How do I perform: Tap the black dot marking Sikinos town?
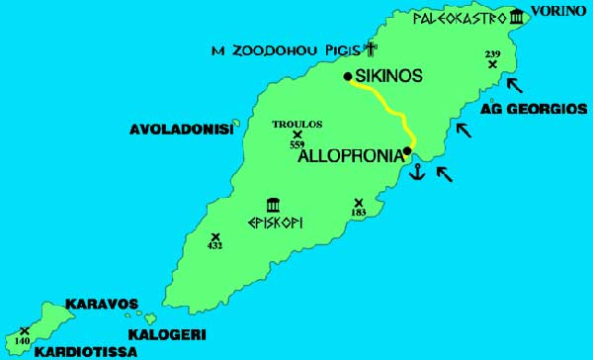click(348, 76)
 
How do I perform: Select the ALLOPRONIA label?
click(350, 154)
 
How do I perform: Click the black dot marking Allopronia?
click(407, 151)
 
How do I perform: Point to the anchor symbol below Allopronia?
click(416, 172)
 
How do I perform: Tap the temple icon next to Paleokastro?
click(518, 17)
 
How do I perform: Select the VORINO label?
click(559, 12)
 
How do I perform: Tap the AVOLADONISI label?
click(181, 130)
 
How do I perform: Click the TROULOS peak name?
click(296, 125)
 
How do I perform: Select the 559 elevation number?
click(296, 144)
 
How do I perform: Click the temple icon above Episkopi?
click(272, 205)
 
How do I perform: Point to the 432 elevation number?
click(214, 246)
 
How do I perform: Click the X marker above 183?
click(358, 204)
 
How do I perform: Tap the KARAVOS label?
click(101, 304)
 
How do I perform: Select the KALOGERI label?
click(162, 334)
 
